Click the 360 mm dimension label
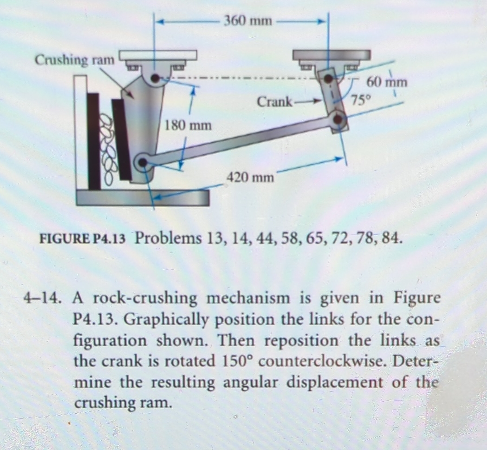(x=248, y=21)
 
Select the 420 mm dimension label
(x=249, y=178)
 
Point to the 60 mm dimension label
(x=387, y=82)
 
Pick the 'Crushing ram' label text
(x=75, y=60)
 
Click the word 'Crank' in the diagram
(x=274, y=101)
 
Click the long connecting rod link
(x=241, y=140)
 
